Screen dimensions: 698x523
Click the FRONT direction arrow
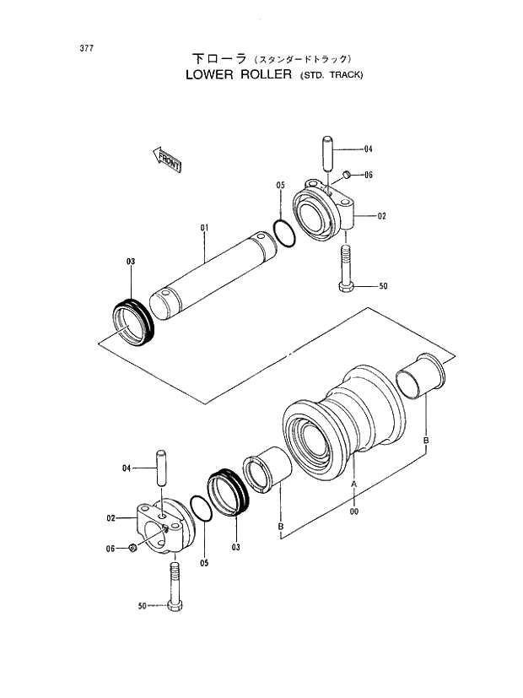167,160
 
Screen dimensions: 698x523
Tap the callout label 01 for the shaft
203,228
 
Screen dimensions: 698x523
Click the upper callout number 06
369,176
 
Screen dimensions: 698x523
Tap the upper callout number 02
381,217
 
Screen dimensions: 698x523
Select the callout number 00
354,510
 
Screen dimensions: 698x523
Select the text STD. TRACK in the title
332,75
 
